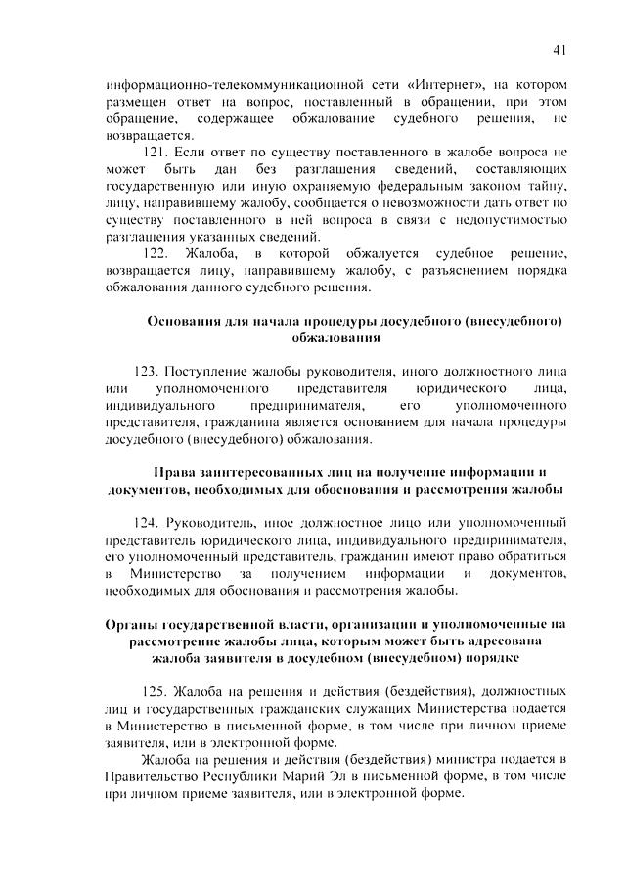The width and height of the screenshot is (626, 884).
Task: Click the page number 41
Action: [x=559, y=48]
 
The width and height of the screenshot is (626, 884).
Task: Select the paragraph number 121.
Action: [x=156, y=153]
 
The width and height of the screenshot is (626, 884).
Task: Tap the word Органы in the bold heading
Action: [x=133, y=623]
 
